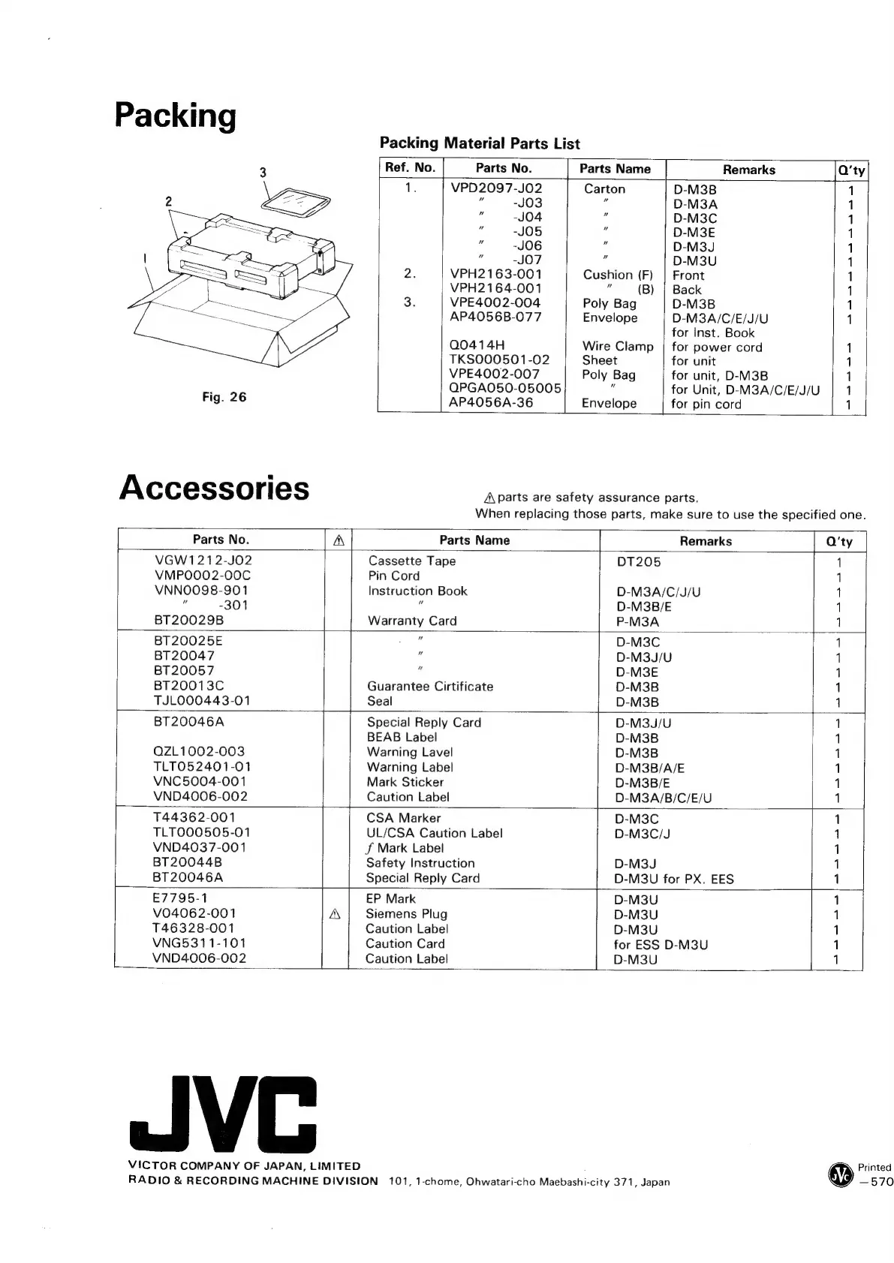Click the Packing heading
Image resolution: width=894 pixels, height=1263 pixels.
[175, 116]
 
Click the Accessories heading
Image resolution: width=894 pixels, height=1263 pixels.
[214, 487]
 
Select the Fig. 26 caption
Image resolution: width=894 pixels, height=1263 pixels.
[224, 397]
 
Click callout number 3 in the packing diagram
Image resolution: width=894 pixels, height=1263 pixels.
[263, 173]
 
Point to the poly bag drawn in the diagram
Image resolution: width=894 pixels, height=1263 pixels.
[297, 202]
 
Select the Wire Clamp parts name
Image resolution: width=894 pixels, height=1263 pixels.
[618, 346]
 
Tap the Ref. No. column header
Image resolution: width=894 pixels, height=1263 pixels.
[410, 167]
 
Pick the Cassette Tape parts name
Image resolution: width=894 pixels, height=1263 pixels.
[411, 561]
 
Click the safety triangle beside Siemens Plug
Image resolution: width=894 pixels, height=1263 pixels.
[335, 914]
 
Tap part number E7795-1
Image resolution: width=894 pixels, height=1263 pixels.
[180, 898]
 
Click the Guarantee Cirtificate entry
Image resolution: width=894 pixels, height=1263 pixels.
[429, 686]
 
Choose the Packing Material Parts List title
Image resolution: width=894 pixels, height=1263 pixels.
[480, 143]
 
